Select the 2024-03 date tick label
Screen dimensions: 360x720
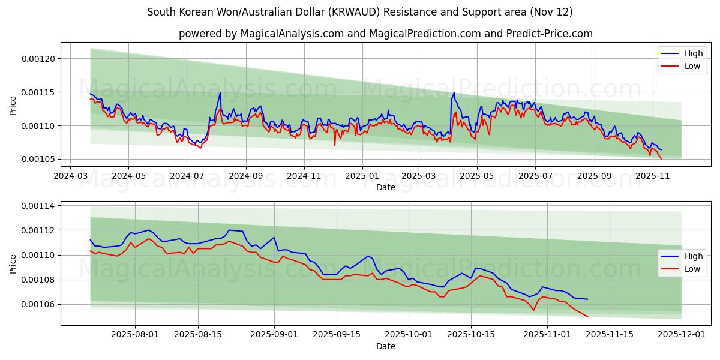pos(71,176)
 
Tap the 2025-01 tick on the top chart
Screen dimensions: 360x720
pos(362,176)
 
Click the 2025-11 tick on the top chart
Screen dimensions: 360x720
pos(652,176)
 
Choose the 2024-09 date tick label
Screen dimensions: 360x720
pos(245,176)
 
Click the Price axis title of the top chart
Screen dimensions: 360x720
pos(13,105)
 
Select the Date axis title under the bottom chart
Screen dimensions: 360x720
pos(385,346)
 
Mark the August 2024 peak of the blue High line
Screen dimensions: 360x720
pos(220,92)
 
